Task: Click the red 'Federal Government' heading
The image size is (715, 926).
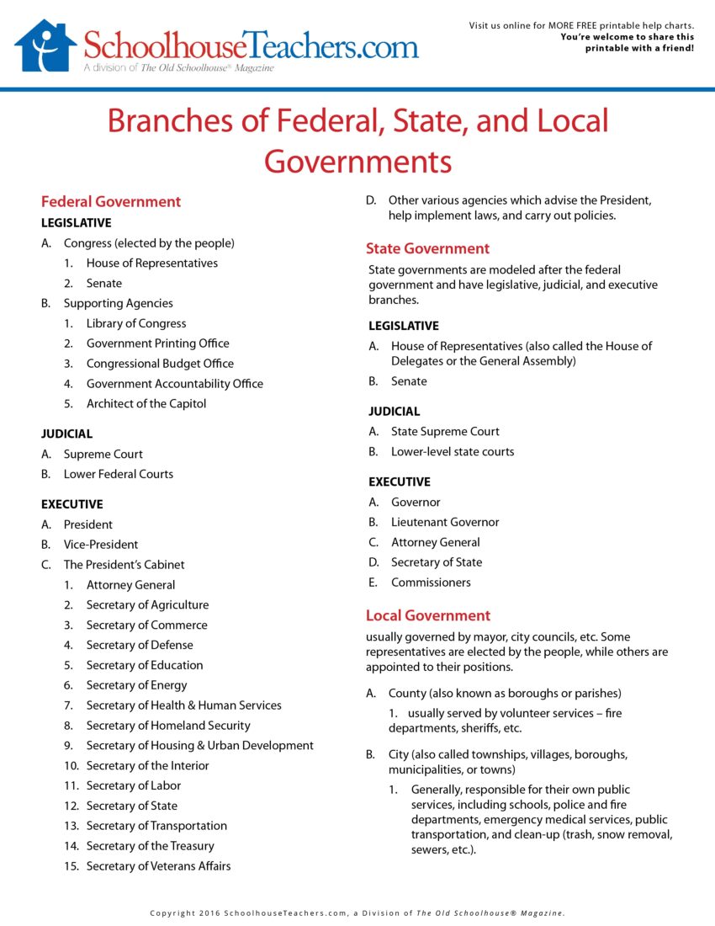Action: (111, 202)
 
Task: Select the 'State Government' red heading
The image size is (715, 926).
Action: (427, 249)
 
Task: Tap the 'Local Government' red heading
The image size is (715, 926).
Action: (427, 615)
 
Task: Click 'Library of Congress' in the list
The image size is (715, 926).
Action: (136, 323)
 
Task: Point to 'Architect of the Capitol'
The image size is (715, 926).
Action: (146, 404)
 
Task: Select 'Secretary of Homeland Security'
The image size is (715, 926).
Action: (168, 726)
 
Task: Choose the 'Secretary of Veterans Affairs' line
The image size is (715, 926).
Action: (158, 866)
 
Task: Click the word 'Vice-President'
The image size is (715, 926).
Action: (101, 545)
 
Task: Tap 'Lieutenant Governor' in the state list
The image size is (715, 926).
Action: (445, 523)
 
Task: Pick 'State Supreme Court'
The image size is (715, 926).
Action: (445, 432)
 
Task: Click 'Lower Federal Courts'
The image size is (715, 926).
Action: (119, 475)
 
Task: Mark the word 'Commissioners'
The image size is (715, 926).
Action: (431, 583)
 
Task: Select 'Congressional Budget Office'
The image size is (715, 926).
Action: (160, 364)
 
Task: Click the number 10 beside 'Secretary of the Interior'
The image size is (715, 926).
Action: (71, 766)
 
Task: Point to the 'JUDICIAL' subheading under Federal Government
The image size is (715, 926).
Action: (67, 434)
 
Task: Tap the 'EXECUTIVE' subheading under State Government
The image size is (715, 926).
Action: (400, 482)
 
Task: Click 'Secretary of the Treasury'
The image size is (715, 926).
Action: (151, 846)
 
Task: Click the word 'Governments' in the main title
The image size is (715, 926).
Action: (357, 160)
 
